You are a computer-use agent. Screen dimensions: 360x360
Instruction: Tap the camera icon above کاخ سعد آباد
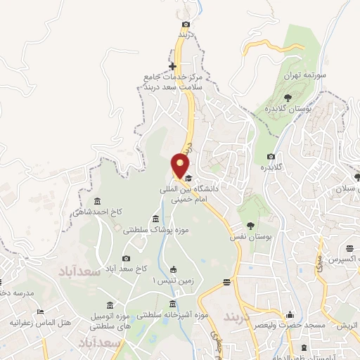pyautogui.click(x=127, y=258)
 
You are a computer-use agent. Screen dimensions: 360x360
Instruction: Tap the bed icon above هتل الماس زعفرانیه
pyautogui.click(x=40, y=312)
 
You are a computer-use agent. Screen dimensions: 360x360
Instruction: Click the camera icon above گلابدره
pyautogui.click(x=271, y=156)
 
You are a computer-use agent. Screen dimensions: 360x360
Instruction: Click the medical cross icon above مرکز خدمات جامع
pyautogui.click(x=172, y=67)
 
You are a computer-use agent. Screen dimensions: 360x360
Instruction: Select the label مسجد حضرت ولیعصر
pyautogui.click(x=291, y=326)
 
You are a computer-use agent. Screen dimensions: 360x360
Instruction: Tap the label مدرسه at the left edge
pyautogui.click(x=14, y=292)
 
